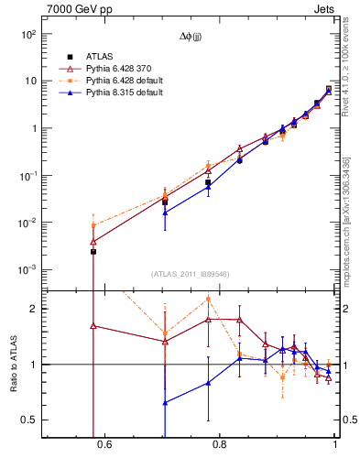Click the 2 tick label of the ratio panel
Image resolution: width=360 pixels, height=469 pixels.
click(x=32, y=309)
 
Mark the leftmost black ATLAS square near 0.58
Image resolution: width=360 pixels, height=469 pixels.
click(x=93, y=251)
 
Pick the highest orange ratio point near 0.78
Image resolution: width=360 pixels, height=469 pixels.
click(x=209, y=299)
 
